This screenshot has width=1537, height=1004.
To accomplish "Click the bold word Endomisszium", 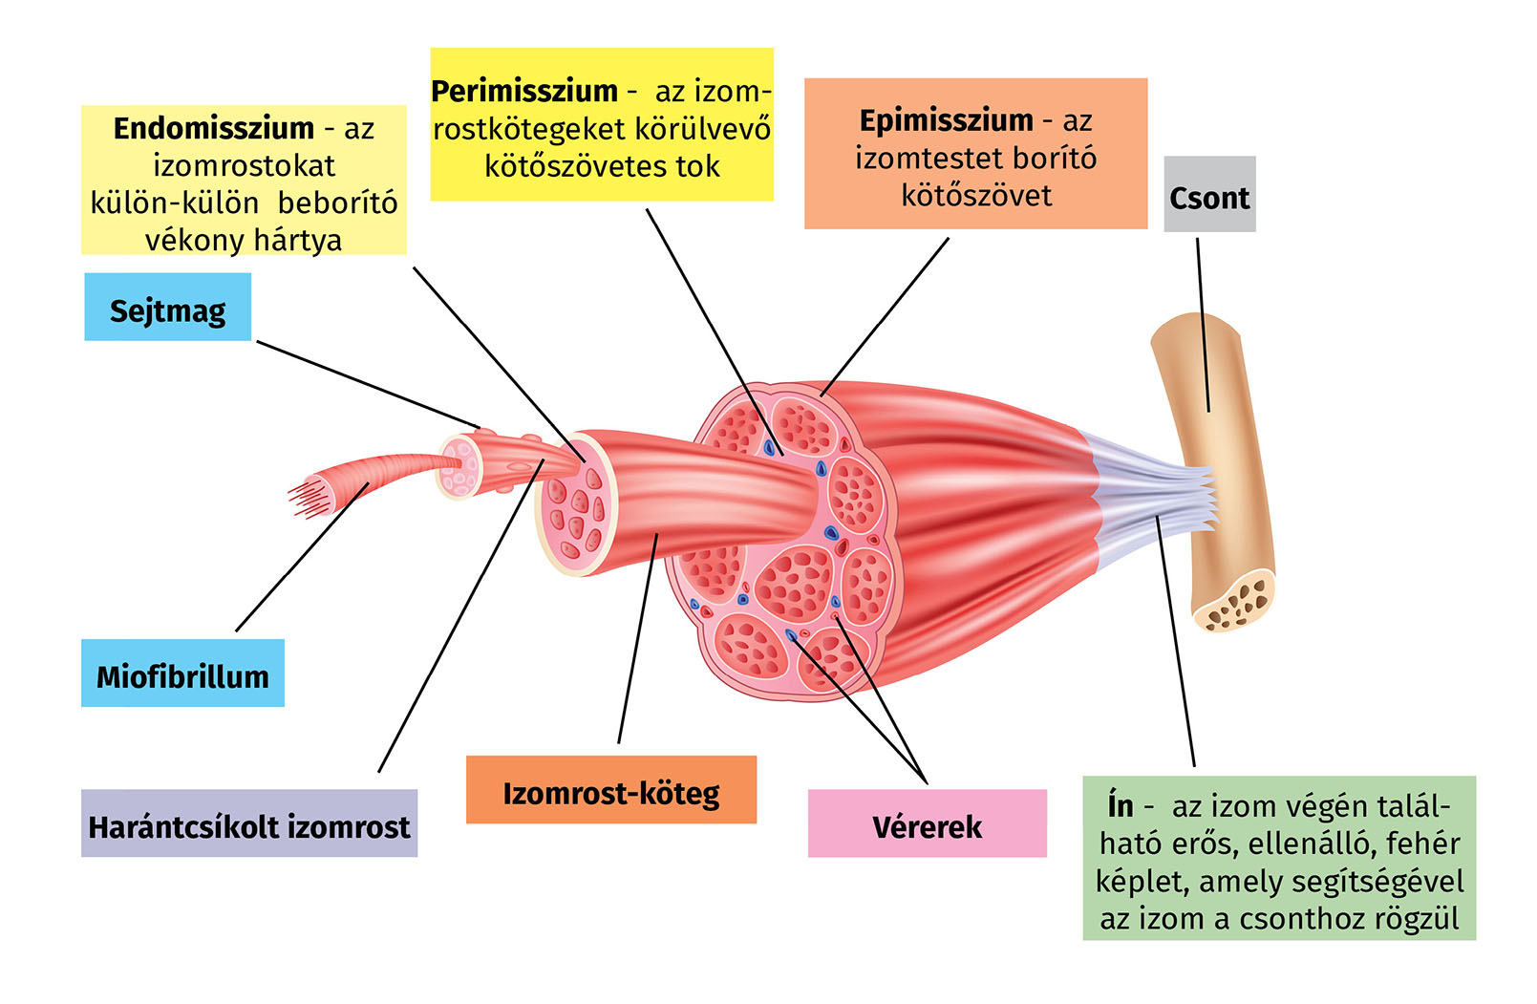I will tap(213, 128).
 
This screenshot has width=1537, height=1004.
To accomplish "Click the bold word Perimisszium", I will tap(524, 92).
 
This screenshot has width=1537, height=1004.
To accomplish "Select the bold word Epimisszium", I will tap(946, 121).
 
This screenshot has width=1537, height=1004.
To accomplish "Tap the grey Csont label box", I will tap(1208, 195).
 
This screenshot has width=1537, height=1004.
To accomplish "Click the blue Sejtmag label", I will tap(168, 308).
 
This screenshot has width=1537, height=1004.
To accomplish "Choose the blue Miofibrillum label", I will tap(182, 674).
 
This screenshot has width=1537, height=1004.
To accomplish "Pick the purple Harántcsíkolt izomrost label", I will tap(249, 823).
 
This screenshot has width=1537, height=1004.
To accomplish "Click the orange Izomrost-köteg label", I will tap(611, 791).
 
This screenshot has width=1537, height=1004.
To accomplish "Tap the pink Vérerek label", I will tap(927, 824).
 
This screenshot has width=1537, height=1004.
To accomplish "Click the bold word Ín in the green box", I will tap(1121, 806).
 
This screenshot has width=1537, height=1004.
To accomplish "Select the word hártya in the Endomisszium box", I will tap(295, 240).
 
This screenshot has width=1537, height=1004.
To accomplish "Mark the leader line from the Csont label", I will tap(1203, 325).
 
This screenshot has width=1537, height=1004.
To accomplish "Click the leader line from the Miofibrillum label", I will tap(301, 559).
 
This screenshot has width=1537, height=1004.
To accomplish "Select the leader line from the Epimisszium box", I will tap(885, 315).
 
